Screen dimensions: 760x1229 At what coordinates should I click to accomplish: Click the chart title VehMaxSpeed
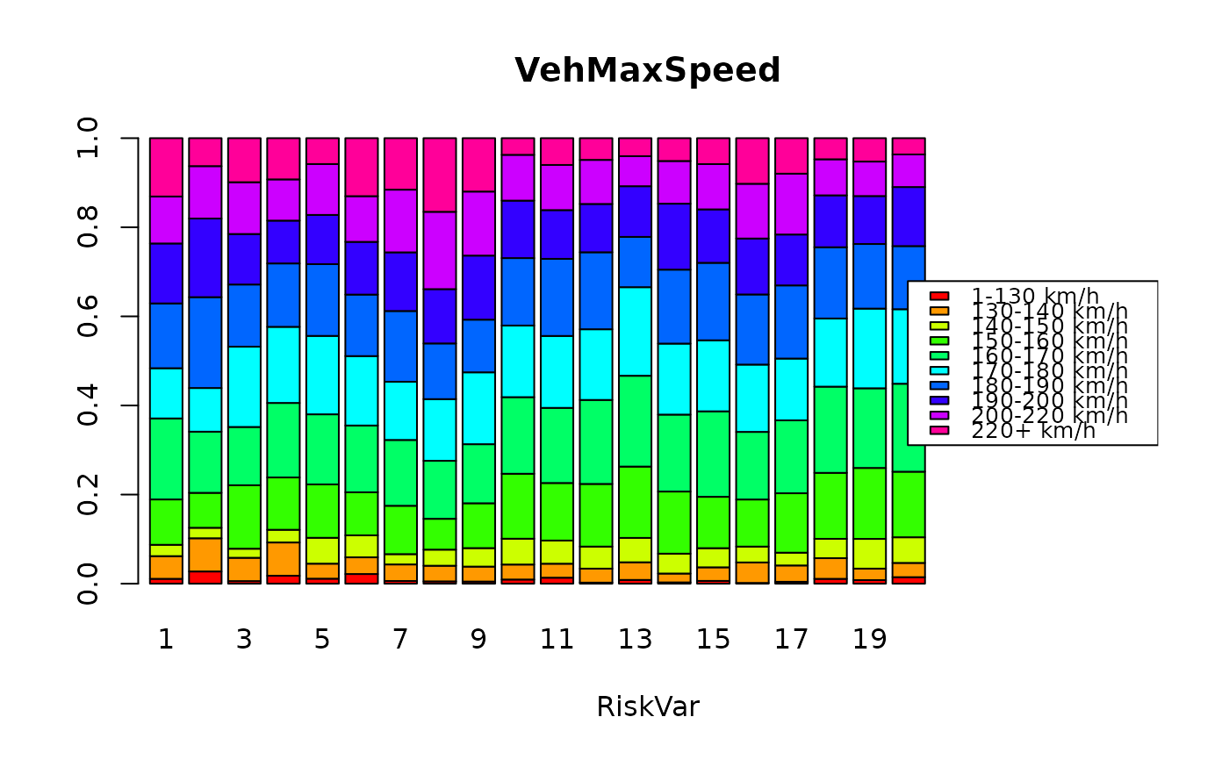coord(647,70)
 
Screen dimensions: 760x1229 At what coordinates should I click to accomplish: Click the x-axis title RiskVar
coord(647,706)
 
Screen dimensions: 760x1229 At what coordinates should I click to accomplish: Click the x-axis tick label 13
coord(635,640)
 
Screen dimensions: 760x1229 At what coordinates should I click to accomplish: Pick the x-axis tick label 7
coord(400,640)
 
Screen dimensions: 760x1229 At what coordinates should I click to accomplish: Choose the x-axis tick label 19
coord(869,640)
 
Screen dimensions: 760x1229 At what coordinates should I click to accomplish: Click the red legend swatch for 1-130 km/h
coord(939,297)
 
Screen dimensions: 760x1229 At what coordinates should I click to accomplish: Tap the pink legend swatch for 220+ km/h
coord(939,430)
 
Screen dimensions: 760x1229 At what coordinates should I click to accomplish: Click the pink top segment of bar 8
coord(439,175)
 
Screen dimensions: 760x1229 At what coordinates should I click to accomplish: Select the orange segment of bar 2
coord(205,555)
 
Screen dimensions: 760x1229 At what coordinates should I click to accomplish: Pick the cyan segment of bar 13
coord(635,331)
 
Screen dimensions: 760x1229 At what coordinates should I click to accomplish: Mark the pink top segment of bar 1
coord(166,167)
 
